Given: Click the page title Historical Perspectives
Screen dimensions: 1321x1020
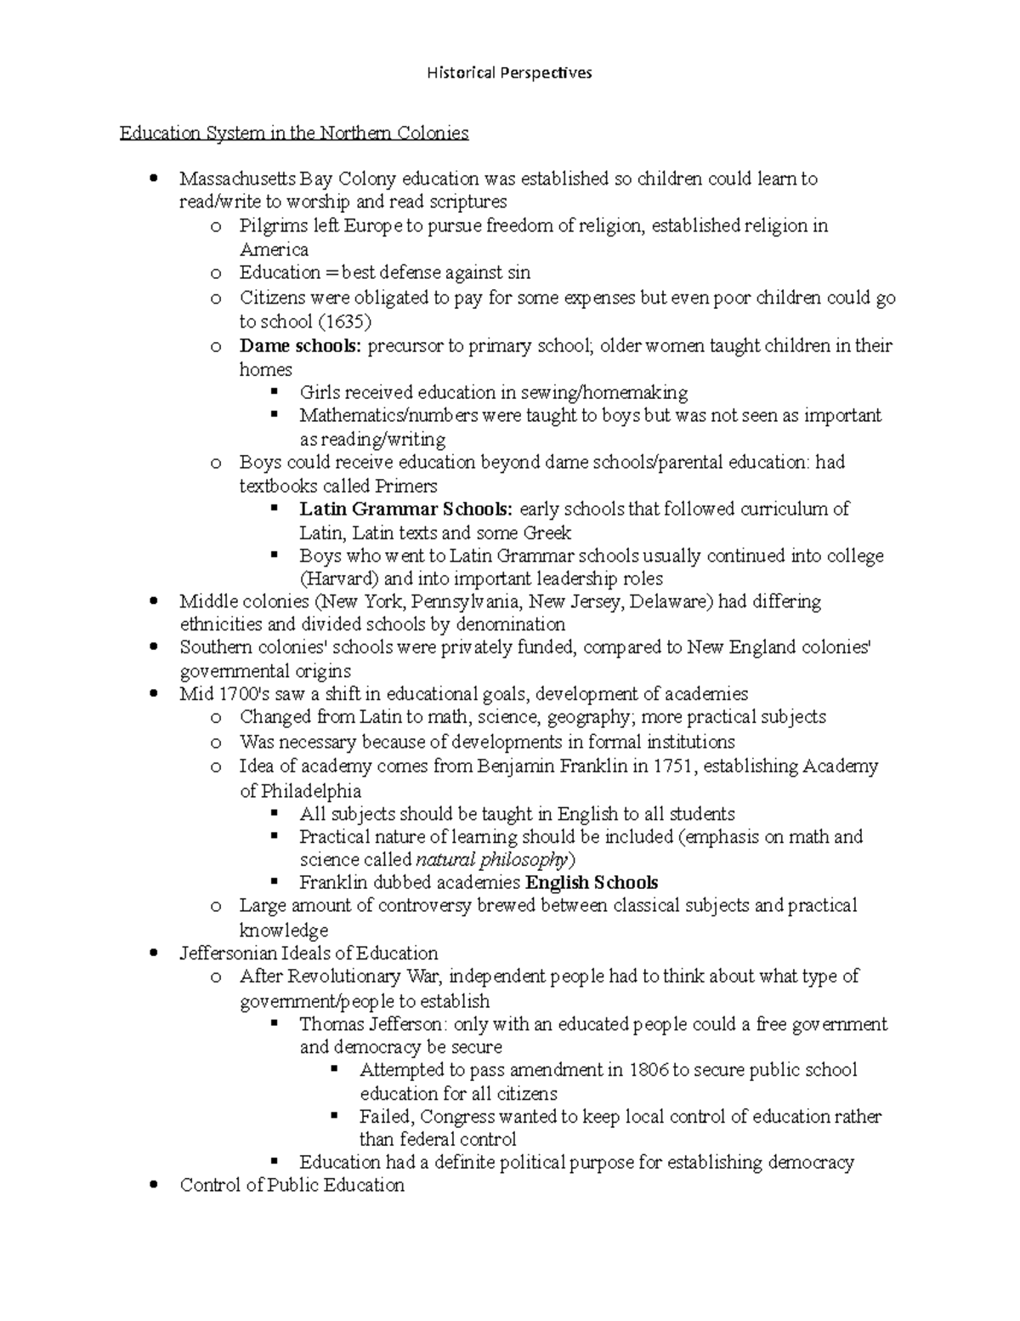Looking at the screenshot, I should tap(509, 73).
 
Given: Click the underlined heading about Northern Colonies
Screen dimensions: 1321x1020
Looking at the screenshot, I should tap(293, 134).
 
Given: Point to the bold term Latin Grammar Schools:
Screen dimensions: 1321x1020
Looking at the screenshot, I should tap(405, 510).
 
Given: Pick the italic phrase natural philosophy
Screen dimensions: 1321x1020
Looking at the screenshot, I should tap(490, 859).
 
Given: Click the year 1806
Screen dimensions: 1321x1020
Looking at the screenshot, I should tap(649, 1070).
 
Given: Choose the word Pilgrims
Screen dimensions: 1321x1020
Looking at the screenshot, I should tap(269, 226).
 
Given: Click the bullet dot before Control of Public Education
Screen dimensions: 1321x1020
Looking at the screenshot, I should tap(154, 1185).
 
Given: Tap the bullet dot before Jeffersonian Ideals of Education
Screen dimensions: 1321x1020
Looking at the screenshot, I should tap(154, 953).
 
